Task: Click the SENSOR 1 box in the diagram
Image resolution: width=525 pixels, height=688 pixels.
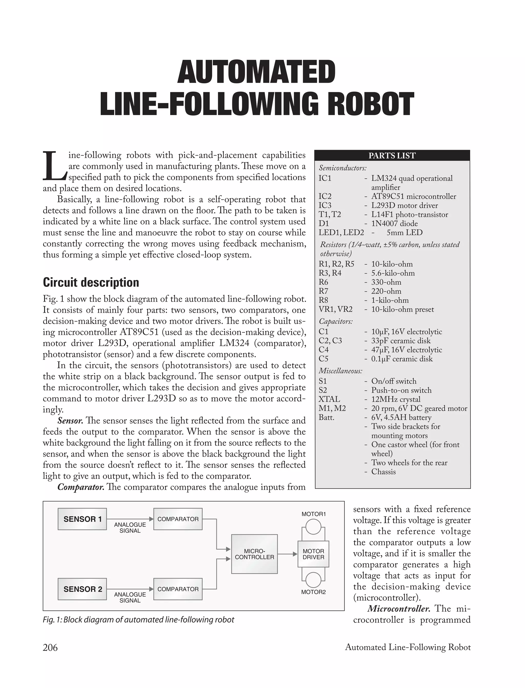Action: point(82,519)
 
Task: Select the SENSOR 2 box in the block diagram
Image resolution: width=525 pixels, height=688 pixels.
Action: point(82,589)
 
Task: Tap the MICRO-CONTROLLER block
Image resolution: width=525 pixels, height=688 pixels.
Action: point(254,554)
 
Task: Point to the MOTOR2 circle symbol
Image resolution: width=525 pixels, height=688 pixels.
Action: point(313,580)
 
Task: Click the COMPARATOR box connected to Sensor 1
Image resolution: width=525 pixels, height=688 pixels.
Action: point(178,519)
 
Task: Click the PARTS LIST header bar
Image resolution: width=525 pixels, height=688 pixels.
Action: point(392,155)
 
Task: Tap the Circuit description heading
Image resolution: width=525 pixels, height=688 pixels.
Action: point(91,282)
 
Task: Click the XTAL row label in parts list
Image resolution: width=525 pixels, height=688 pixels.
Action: point(329,399)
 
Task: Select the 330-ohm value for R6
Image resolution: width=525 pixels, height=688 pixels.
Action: point(386,282)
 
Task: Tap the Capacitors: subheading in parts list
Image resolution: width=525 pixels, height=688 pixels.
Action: point(336,321)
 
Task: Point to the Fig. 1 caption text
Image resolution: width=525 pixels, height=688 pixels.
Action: point(138,620)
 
